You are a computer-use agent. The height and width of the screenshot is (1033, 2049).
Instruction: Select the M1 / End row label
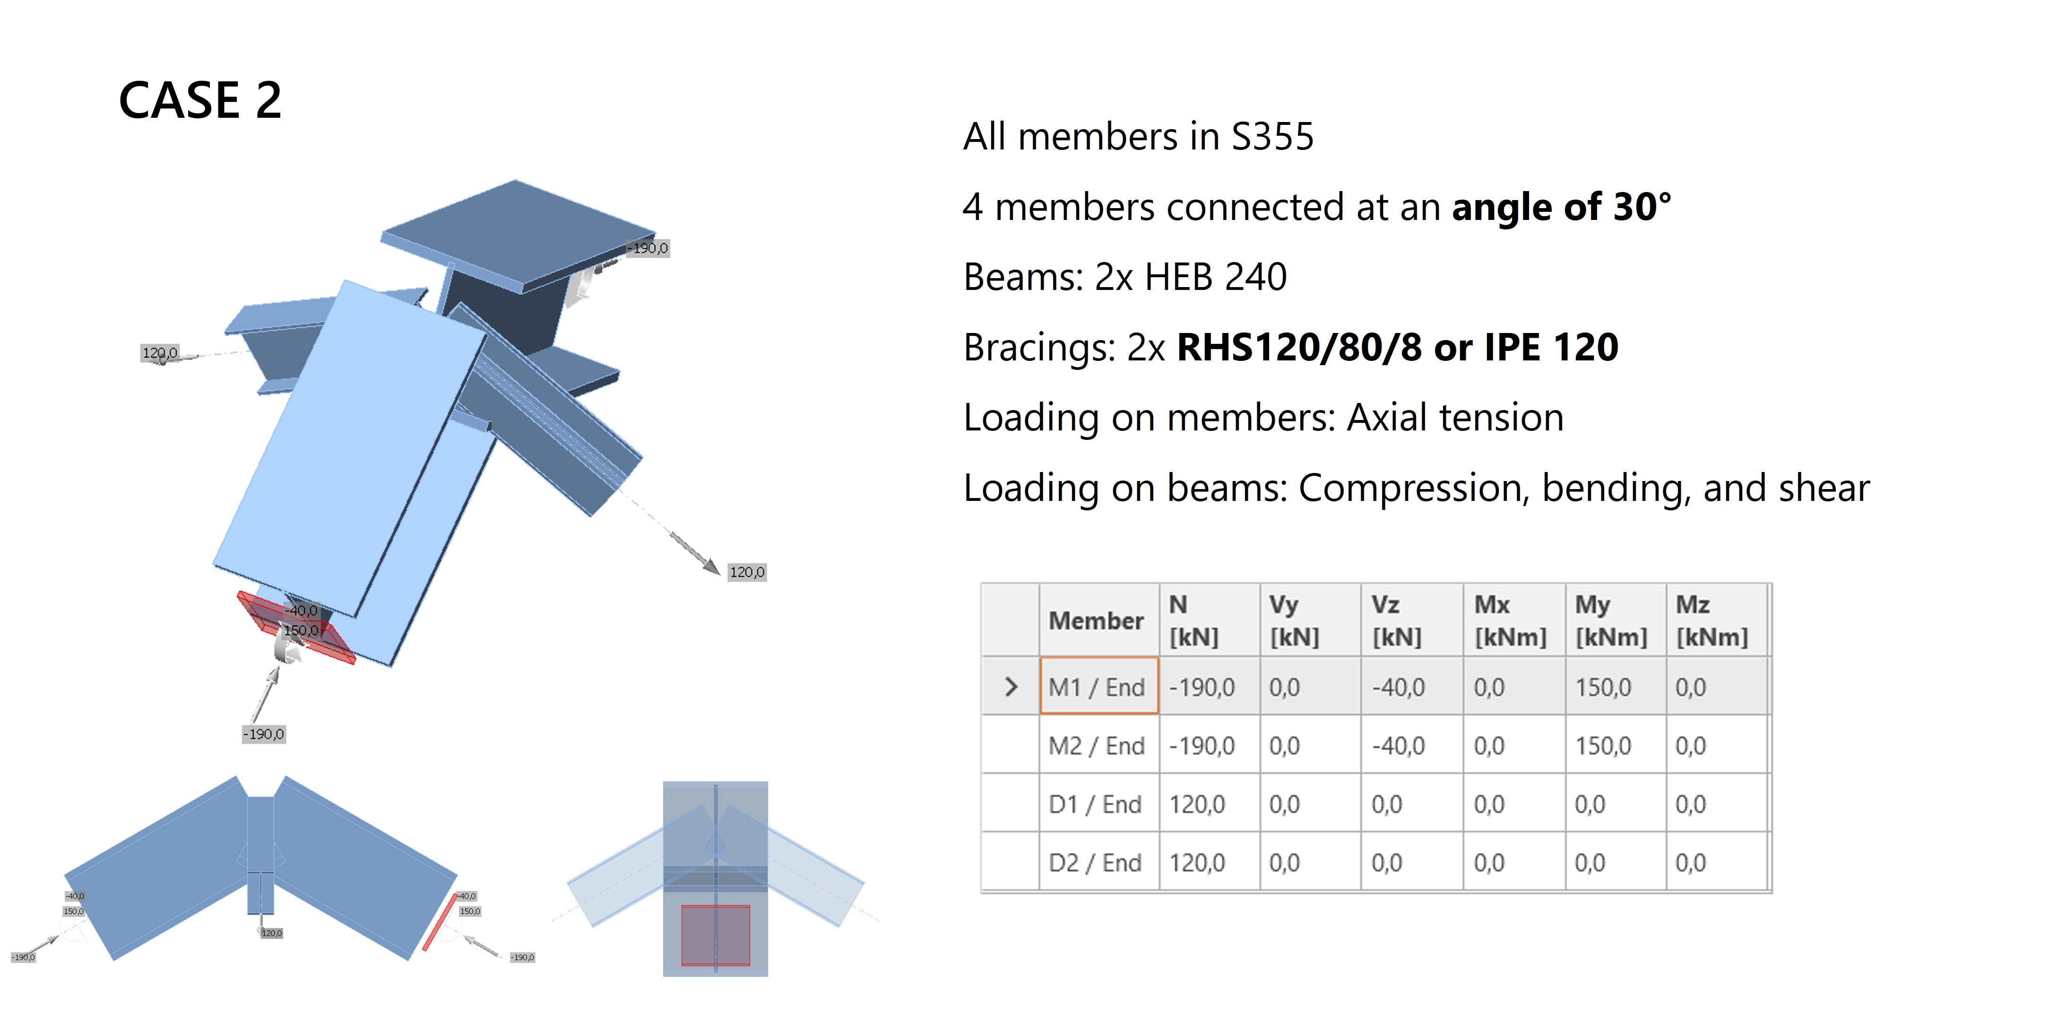pos(1097,687)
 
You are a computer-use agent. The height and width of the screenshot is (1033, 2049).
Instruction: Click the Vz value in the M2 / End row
pos(1398,746)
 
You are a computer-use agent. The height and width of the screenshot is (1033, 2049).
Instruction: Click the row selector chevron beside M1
pos(1010,687)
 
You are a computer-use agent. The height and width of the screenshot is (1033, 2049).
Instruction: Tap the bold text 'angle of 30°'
pos(1561,207)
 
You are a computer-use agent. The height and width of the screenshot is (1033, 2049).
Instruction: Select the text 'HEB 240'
pos(1215,277)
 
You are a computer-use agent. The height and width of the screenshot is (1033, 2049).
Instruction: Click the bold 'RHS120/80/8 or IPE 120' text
pos(1397,347)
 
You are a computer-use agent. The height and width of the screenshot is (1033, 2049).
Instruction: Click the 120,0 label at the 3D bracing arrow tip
pos(747,572)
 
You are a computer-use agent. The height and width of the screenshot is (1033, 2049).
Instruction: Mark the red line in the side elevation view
pos(439,921)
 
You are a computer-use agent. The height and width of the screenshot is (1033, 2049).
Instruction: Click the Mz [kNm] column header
pos(1711,621)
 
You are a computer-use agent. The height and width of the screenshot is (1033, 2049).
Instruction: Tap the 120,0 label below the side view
pos(271,933)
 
